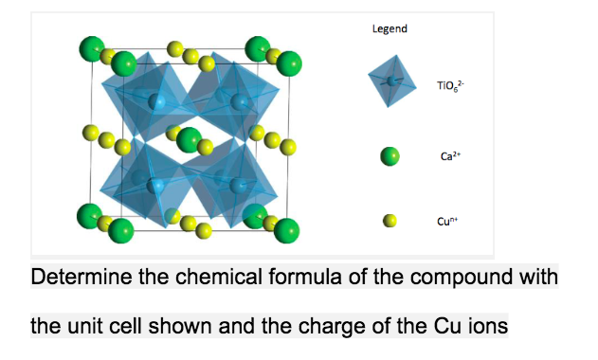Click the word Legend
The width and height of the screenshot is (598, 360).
pyautogui.click(x=390, y=28)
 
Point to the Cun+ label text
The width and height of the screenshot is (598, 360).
pyautogui.click(x=446, y=222)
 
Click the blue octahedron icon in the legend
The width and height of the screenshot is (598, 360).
pyautogui.click(x=391, y=81)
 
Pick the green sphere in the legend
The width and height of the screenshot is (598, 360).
pyautogui.click(x=390, y=156)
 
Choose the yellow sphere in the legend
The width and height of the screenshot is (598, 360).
pyautogui.click(x=390, y=221)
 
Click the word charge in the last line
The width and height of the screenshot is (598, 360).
pyautogui.click(x=361, y=327)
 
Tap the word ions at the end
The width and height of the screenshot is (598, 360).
pyautogui.click(x=491, y=327)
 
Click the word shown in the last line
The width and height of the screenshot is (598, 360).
pyautogui.click(x=211, y=327)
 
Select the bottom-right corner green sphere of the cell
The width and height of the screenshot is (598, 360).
pyautogui.click(x=285, y=230)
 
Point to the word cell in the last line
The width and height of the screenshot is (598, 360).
pyautogui.click(x=144, y=327)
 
